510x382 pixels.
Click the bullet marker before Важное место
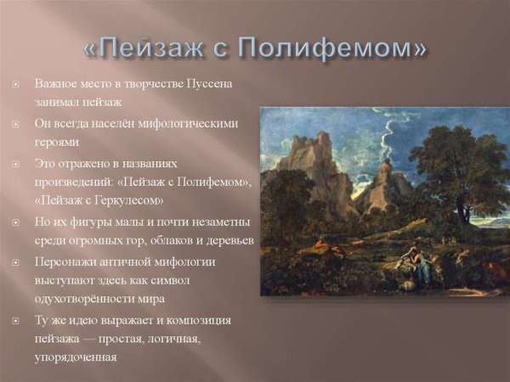pos(15,85)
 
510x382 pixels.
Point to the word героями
pos(58,142)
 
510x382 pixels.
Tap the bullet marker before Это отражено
pos(15,163)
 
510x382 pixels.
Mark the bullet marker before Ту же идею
pos(15,321)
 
